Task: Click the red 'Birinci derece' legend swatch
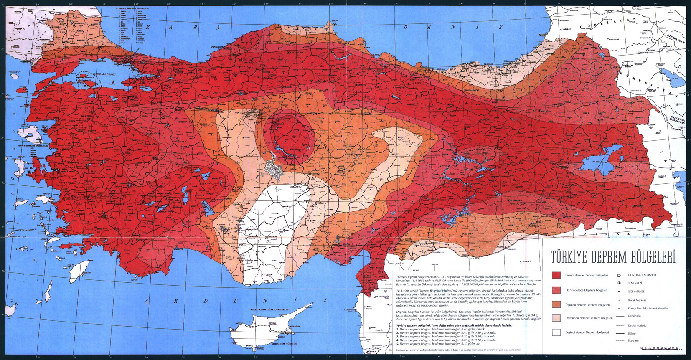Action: point(556,275)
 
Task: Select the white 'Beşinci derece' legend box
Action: point(556,332)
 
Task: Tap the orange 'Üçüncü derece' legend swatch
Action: point(556,304)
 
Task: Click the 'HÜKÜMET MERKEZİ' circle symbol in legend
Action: point(619,275)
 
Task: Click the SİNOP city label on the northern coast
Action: point(335,20)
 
